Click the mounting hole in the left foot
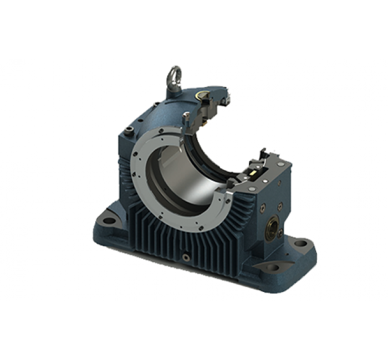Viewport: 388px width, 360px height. click(110, 219)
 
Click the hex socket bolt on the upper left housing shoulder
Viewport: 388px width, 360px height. click(130, 131)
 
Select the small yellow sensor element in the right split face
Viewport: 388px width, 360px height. click(254, 173)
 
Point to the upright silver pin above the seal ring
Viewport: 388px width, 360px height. click(186, 117)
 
